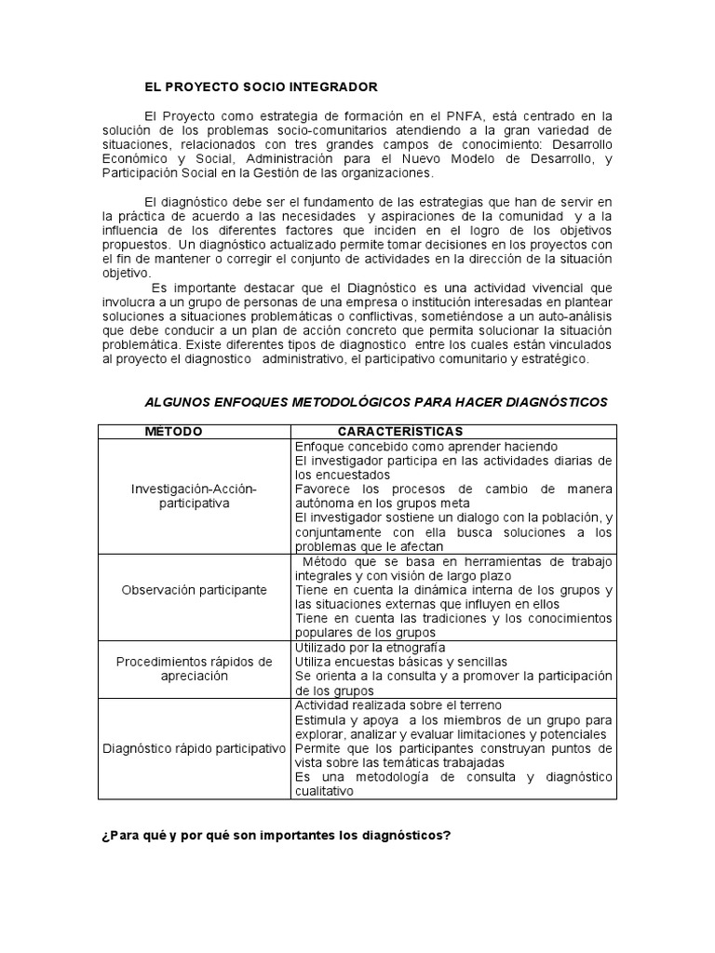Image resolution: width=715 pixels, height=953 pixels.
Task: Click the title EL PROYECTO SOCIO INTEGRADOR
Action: pyautogui.click(x=261, y=87)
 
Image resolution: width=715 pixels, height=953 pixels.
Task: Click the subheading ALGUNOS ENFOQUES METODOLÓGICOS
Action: pyautogui.click(x=375, y=402)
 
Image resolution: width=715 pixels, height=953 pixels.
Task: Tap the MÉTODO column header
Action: pyautogui.click(x=173, y=432)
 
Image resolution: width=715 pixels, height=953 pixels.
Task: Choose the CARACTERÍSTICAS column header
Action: pyautogui.click(x=400, y=432)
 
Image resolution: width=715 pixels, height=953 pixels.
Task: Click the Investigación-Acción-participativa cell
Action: pyautogui.click(x=194, y=495)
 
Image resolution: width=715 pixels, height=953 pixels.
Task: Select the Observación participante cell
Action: pyautogui.click(x=194, y=590)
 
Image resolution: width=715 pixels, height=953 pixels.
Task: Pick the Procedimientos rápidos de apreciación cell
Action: pyautogui.click(x=194, y=668)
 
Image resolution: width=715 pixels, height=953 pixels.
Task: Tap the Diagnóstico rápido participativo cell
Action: pyautogui.click(x=194, y=748)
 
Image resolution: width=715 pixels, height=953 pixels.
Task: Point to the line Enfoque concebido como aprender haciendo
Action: pyautogui.click(x=425, y=446)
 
